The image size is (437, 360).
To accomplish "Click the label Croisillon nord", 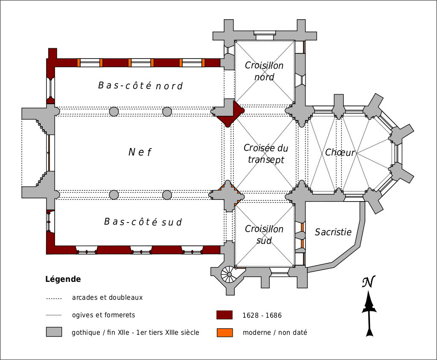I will (264, 71).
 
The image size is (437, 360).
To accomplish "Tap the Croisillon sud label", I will (264, 234).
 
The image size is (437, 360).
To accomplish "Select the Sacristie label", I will (333, 232).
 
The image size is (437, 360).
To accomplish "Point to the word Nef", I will (140, 152).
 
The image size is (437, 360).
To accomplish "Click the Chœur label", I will (340, 152).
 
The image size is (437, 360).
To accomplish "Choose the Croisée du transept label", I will (265, 154).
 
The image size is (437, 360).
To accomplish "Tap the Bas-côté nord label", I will (140, 86).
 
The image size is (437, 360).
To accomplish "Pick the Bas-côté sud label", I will (143, 222).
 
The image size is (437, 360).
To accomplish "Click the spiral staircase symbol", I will (229, 274).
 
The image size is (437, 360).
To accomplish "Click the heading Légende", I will (63, 280).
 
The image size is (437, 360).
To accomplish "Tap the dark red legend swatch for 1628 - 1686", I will (224, 315).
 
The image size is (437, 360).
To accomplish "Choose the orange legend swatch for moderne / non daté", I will (224, 332).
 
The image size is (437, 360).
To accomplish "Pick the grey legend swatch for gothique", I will (54, 332).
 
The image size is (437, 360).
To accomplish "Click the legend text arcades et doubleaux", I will (107, 298).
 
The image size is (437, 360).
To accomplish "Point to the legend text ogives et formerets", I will (103, 315).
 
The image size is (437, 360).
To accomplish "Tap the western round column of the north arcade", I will (114, 112).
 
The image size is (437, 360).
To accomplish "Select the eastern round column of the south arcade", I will (167, 195).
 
